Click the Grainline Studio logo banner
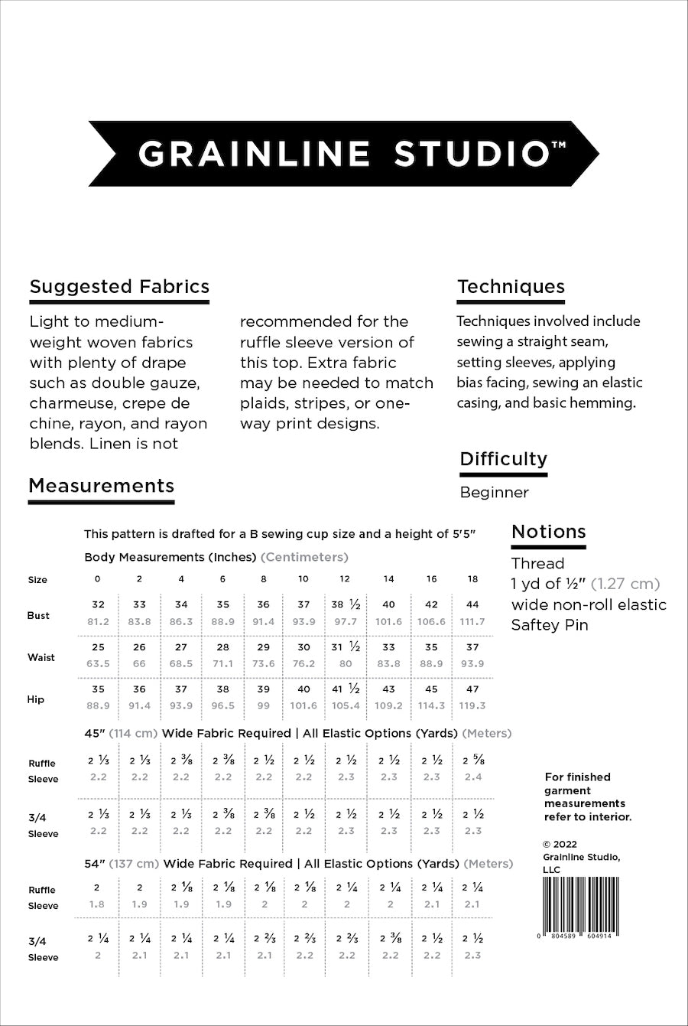pyautogui.click(x=344, y=154)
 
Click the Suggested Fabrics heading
pyautogui.click(x=119, y=287)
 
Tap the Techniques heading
pyautogui.click(x=511, y=287)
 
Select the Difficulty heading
pyautogui.click(x=504, y=459)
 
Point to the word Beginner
pyautogui.click(x=494, y=493)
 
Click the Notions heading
pyautogui.click(x=548, y=532)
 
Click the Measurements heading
pyautogui.click(x=101, y=486)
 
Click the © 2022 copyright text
pyautogui.click(x=560, y=845)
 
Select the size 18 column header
pyautogui.click(x=472, y=579)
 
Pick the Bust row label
pyautogui.click(x=38, y=615)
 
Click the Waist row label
pyautogui.click(x=41, y=657)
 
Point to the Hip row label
pyautogui.click(x=36, y=699)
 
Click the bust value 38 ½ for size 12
pyautogui.click(x=346, y=604)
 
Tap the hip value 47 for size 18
pyautogui.click(x=472, y=689)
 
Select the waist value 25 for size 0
pyautogui.click(x=98, y=647)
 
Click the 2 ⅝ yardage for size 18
pyautogui.click(x=472, y=761)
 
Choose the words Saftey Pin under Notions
pyautogui.click(x=549, y=625)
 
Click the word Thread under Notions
pyautogui.click(x=537, y=564)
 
